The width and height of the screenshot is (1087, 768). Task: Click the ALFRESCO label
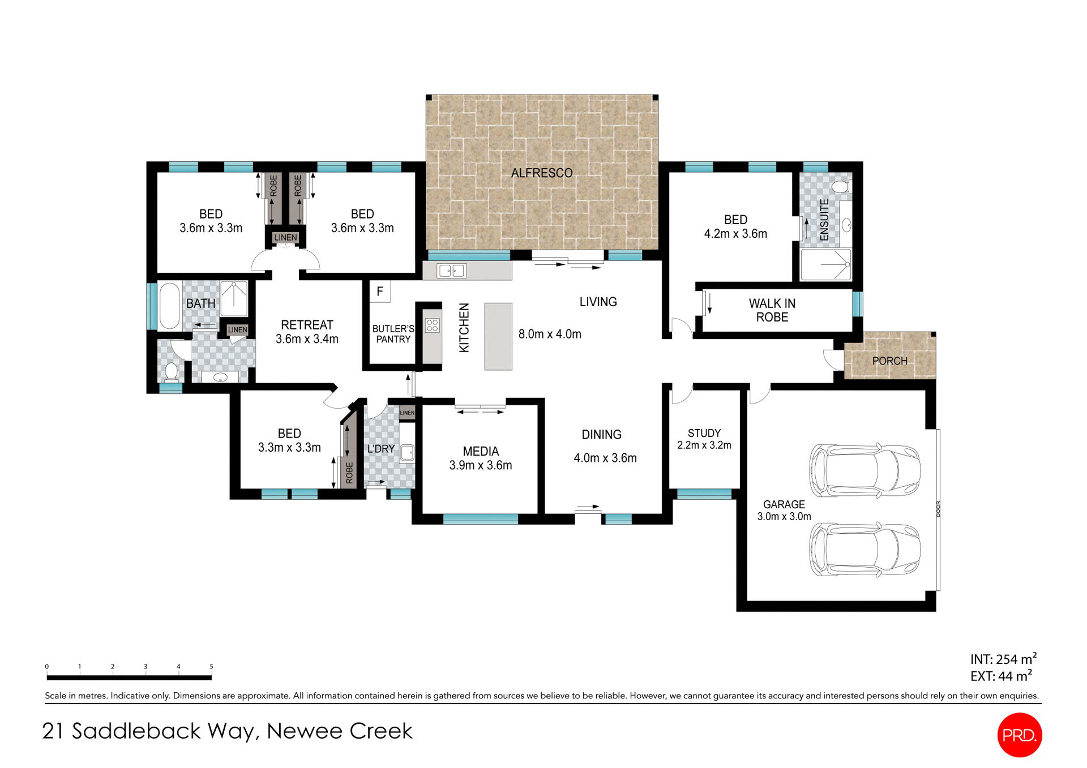(x=541, y=173)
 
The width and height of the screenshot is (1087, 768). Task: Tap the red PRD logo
(x=1019, y=735)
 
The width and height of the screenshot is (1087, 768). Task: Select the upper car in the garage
(x=865, y=470)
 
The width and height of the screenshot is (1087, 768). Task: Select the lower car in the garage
(x=865, y=549)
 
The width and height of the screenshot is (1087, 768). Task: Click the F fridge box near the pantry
(x=380, y=291)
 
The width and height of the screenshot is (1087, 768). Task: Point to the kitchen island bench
(x=498, y=336)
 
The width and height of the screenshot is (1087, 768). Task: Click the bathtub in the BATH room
(x=169, y=306)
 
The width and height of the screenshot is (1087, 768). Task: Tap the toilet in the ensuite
(x=841, y=187)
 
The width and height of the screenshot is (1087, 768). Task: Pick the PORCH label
(x=889, y=361)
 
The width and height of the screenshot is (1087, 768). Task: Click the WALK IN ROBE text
(x=772, y=310)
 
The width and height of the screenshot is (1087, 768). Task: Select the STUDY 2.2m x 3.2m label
(x=704, y=439)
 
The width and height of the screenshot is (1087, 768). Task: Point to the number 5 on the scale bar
(x=211, y=667)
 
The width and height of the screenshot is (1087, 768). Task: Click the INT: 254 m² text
(x=1003, y=659)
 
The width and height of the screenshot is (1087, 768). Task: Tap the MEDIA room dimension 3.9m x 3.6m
(x=480, y=465)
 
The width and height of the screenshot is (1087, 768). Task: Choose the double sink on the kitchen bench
(x=451, y=271)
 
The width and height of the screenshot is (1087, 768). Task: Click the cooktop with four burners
(x=433, y=325)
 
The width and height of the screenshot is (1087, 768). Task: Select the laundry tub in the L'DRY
(x=407, y=452)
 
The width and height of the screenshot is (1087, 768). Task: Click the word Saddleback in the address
(x=136, y=731)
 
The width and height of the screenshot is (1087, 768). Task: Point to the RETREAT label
(x=307, y=325)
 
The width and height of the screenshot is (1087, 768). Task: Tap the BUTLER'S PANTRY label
(x=393, y=334)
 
